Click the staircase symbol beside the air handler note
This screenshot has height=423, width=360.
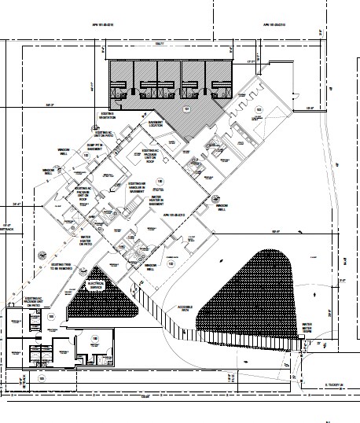142,250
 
